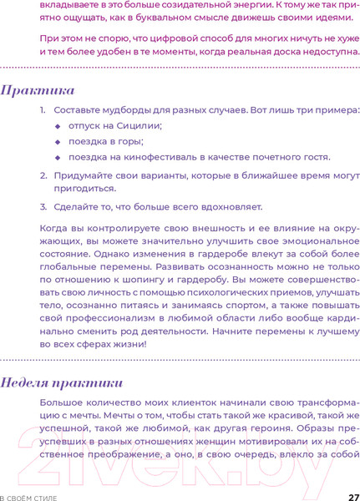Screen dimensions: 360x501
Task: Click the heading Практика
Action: pyautogui.click(x=38, y=90)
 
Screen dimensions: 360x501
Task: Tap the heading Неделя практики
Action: pyautogui.click(x=62, y=383)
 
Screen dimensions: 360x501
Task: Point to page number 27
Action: pyautogui.click(x=353, y=496)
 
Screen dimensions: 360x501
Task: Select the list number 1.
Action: pyautogui.click(x=43, y=109)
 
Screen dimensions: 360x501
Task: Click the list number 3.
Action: pyautogui.click(x=43, y=206)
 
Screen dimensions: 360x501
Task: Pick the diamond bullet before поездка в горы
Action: pyautogui.click(x=58, y=141)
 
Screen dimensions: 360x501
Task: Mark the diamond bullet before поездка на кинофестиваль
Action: pyautogui.click(x=58, y=157)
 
